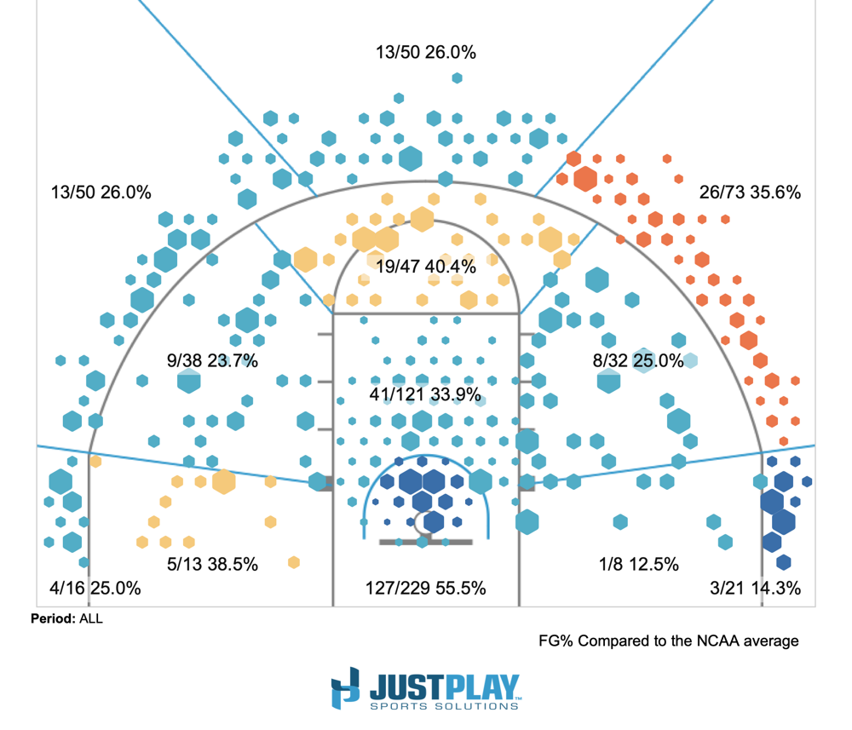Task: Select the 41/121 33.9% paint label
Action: tap(425, 394)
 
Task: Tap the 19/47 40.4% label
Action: tap(426, 266)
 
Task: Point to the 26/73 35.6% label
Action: tap(750, 193)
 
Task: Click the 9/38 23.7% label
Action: tap(212, 360)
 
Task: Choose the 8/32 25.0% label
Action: tap(638, 360)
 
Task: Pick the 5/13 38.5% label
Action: tap(212, 564)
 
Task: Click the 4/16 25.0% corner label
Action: tap(95, 588)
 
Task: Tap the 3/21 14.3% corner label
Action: tap(755, 588)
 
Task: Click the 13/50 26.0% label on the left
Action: tap(101, 193)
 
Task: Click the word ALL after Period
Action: tap(90, 619)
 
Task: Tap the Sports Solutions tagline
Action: tap(445, 704)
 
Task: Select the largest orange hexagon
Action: tap(584, 179)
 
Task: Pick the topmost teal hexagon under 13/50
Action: tap(458, 78)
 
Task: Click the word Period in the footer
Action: tap(52, 619)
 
